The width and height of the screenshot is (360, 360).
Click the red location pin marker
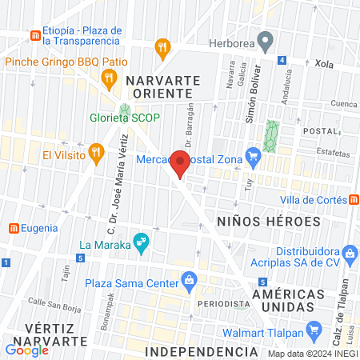pos(180,162)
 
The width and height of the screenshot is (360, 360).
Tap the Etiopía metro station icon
pos(35,36)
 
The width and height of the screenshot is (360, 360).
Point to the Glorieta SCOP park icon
pos(125,110)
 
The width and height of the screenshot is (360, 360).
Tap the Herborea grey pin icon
pos(268,38)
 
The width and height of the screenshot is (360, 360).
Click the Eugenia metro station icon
pos(14,228)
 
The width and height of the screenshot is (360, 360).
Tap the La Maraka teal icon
pos(141,242)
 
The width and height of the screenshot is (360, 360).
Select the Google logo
pos(26,350)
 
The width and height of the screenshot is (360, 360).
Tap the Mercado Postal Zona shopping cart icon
pos(254,154)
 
